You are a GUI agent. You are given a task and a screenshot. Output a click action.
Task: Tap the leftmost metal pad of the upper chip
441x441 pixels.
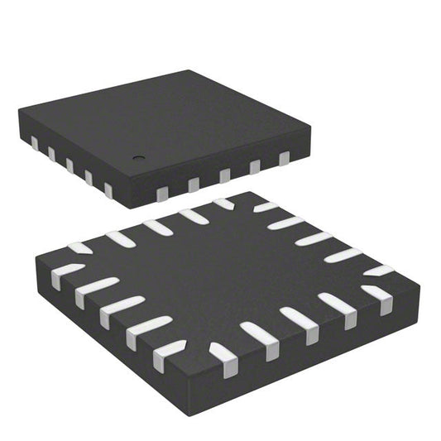coord(35,145)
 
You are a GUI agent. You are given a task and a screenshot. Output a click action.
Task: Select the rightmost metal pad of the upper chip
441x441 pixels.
coord(284,157)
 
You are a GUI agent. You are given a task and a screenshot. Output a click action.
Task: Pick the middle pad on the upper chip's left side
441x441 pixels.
coord(69,165)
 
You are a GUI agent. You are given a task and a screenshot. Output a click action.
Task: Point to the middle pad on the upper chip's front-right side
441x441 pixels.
coord(224,175)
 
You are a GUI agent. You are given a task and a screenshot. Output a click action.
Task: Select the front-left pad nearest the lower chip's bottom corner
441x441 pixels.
coord(169,353)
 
